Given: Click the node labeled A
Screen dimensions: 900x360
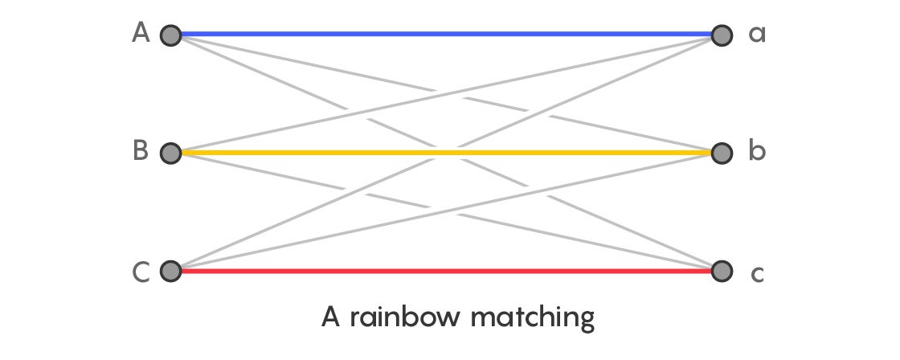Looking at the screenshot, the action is click(170, 35).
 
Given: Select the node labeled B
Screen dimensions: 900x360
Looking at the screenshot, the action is click(170, 153).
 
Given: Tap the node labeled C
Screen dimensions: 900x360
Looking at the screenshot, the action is click(170, 271).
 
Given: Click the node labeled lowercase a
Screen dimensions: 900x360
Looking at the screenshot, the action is click(722, 35).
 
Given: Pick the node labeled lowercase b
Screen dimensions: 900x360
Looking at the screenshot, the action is click(722, 153).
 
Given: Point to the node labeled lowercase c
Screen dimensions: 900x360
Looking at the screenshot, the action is click(722, 271).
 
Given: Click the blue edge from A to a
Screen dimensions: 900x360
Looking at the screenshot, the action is click(446, 34).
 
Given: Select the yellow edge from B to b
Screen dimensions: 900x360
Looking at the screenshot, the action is click(446, 153).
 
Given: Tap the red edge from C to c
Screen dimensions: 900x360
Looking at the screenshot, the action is click(446, 271).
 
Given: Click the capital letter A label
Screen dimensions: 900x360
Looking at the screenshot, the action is click(141, 33).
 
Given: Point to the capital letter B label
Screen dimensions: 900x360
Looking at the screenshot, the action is click(141, 150).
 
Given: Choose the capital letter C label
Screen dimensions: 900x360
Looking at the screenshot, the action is click(141, 272).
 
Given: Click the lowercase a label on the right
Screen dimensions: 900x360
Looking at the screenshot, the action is click(757, 35).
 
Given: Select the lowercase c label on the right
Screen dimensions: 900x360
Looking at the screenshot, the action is click(758, 275).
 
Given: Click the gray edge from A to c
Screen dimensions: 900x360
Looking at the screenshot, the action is click(446, 153).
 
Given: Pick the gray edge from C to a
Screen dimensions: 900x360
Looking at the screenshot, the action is click(446, 153).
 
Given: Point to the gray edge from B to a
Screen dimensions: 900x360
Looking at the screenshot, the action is click(446, 94).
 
